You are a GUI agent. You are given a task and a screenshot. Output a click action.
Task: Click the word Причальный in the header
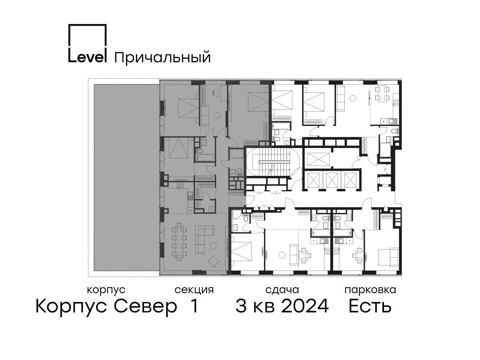tap(162, 58)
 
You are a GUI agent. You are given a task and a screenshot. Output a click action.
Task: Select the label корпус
tap(106, 290)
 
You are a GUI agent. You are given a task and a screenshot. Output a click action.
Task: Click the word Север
tap(145, 306)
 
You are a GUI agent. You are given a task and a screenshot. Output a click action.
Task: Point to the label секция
tap(194, 290)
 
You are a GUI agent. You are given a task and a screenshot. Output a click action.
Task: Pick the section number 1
tap(194, 306)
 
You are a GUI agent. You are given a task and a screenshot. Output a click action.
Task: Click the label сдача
tap(282, 290)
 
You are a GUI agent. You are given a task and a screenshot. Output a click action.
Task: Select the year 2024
tap(305, 306)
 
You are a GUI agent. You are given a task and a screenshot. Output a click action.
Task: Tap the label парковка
tap(370, 290)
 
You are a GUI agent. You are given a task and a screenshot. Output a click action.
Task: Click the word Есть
tap(370, 306)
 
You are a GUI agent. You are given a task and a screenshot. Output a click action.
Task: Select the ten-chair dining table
tap(179, 242)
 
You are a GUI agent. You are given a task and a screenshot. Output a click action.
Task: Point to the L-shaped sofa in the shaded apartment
tap(204, 240)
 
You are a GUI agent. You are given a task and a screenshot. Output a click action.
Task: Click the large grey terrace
tap(127, 178)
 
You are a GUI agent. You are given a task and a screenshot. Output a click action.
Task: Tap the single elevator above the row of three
tap(318, 159)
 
